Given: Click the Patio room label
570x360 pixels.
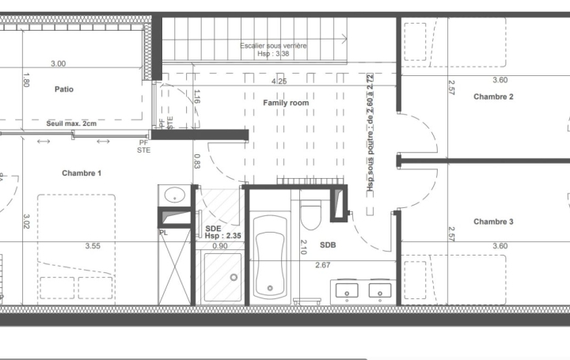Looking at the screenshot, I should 64,89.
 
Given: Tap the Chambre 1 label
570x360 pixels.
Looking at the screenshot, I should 82,173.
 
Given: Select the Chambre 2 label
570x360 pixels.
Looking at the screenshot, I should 494,97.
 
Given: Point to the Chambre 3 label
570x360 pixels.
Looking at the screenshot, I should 494,222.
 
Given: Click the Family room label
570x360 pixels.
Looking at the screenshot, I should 286,103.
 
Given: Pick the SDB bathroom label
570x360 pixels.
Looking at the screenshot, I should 328,245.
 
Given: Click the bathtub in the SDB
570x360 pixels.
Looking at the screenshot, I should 270,258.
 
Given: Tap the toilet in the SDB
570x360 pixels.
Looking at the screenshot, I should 310,214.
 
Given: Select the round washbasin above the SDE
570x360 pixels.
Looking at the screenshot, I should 174,195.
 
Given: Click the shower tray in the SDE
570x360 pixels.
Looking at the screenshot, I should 222,277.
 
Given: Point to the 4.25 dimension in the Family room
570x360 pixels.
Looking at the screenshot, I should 279,81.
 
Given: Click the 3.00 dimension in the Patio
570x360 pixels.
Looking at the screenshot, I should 59,63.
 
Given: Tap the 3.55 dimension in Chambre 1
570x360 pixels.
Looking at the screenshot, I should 93,246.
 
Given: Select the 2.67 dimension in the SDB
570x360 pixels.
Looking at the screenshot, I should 322,265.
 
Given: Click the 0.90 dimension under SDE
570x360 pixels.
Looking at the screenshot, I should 221,246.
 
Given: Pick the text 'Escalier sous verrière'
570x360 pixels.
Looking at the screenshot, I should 273,46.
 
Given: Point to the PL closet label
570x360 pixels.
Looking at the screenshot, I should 163,233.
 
